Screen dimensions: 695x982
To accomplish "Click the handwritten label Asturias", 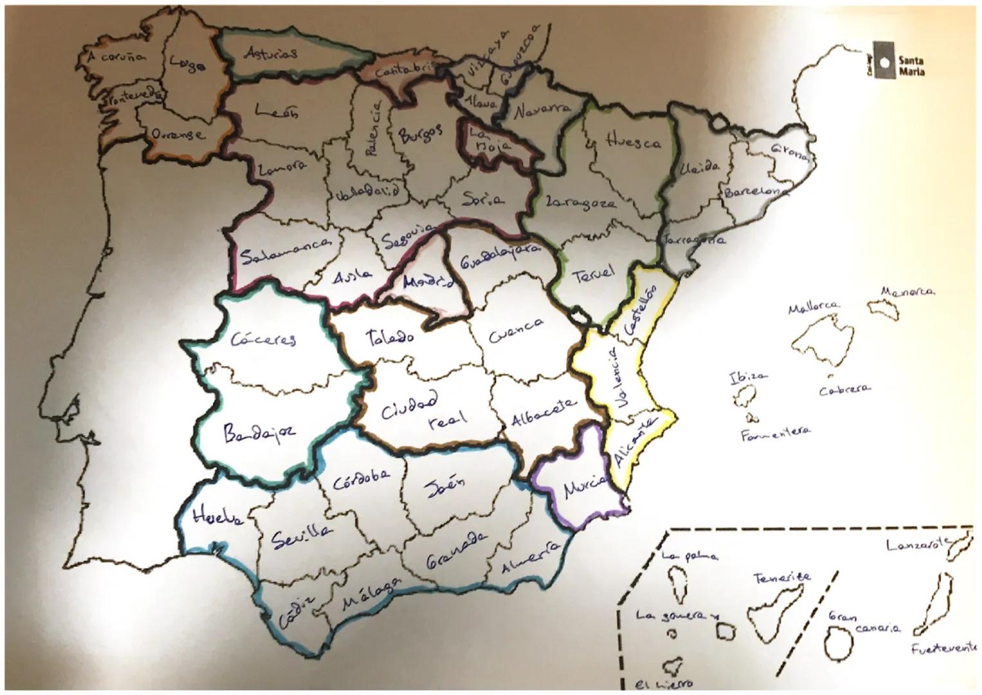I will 271,53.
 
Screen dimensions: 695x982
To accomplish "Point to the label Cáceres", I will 264,338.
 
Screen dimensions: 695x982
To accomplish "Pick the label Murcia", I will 585,487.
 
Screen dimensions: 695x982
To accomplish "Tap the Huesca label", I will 633,142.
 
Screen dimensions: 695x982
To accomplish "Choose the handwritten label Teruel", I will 592,273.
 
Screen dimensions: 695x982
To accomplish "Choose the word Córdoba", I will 361,477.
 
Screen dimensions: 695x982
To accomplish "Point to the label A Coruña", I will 116,57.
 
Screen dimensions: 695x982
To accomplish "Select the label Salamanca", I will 286,252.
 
